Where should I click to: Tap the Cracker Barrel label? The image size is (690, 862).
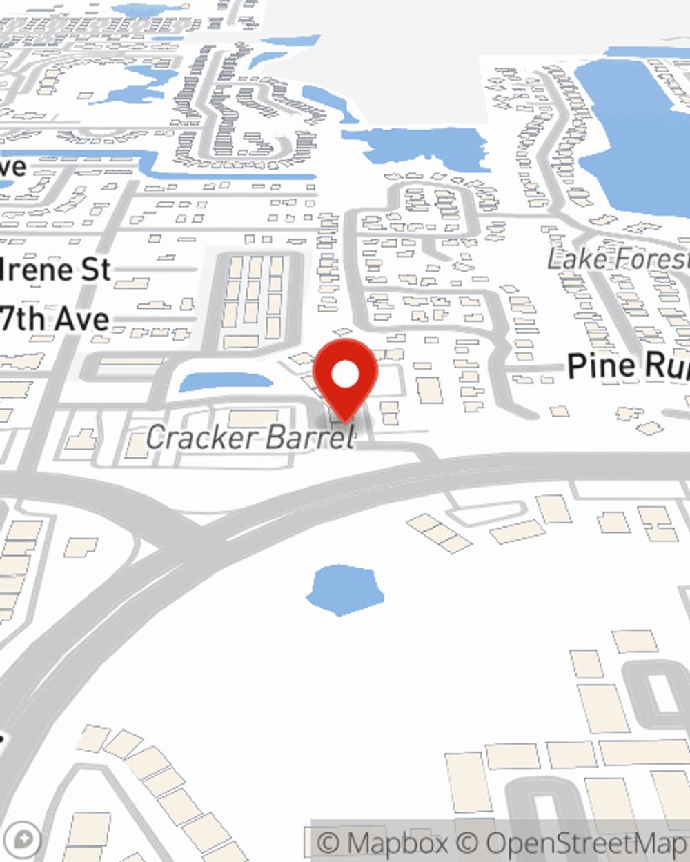click(250, 437)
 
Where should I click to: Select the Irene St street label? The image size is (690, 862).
click(55, 270)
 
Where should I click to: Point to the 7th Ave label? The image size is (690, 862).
click(55, 319)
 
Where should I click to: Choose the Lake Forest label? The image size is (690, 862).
click(618, 259)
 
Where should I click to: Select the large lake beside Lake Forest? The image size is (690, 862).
click(635, 131)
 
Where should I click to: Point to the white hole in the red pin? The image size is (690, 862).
click(345, 375)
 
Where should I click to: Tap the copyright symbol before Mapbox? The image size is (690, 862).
click(330, 843)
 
